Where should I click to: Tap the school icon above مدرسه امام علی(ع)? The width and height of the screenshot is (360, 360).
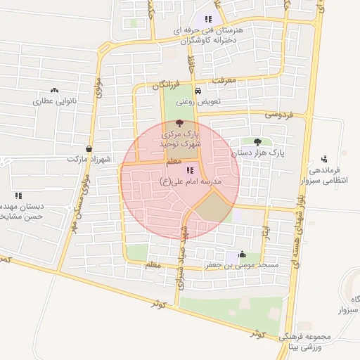point(189,170)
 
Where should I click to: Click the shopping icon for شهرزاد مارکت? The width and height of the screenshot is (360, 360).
point(88,149)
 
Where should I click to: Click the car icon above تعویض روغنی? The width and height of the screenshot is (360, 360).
point(198,91)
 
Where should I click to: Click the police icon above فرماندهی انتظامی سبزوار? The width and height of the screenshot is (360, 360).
point(323,158)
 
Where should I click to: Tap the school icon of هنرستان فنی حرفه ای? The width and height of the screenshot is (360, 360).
point(207,19)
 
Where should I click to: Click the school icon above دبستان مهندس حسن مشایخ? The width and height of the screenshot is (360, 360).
point(18,195)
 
